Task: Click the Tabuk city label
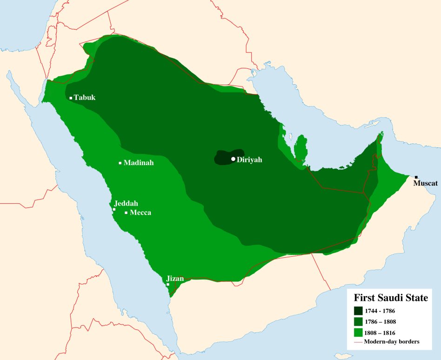[x=85, y=98]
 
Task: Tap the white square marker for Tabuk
[x=71, y=98]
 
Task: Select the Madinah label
[x=139, y=163]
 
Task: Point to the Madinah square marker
[x=120, y=163]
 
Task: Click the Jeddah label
[x=126, y=203]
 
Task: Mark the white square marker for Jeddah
[x=114, y=209]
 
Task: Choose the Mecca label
[x=140, y=213]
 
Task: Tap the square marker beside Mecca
[x=126, y=213]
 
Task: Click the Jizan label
[x=175, y=279]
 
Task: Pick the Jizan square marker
[x=168, y=284]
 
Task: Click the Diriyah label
[x=250, y=160]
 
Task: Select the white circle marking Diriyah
[x=233, y=159]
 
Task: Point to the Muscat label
[x=426, y=184]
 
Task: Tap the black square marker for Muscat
[x=416, y=177]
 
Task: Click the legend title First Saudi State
[x=391, y=298]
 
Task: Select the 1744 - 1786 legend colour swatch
[x=358, y=310]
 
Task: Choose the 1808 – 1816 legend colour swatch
[x=358, y=332]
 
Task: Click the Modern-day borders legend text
[x=392, y=342]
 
